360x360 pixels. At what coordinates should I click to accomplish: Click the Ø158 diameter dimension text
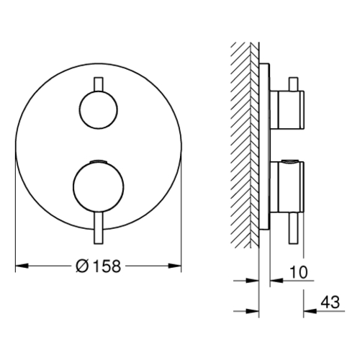point(98,266)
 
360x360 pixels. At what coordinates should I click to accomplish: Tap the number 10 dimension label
point(298,272)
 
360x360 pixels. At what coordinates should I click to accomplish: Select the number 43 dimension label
point(330,302)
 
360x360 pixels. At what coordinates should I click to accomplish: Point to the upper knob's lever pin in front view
point(99,84)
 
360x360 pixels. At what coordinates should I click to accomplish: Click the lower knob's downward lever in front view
point(99,228)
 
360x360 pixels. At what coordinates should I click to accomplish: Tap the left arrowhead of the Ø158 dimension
point(22,266)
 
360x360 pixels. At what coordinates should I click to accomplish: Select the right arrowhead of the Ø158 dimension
point(174,266)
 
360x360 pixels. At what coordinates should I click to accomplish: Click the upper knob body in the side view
point(287,109)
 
